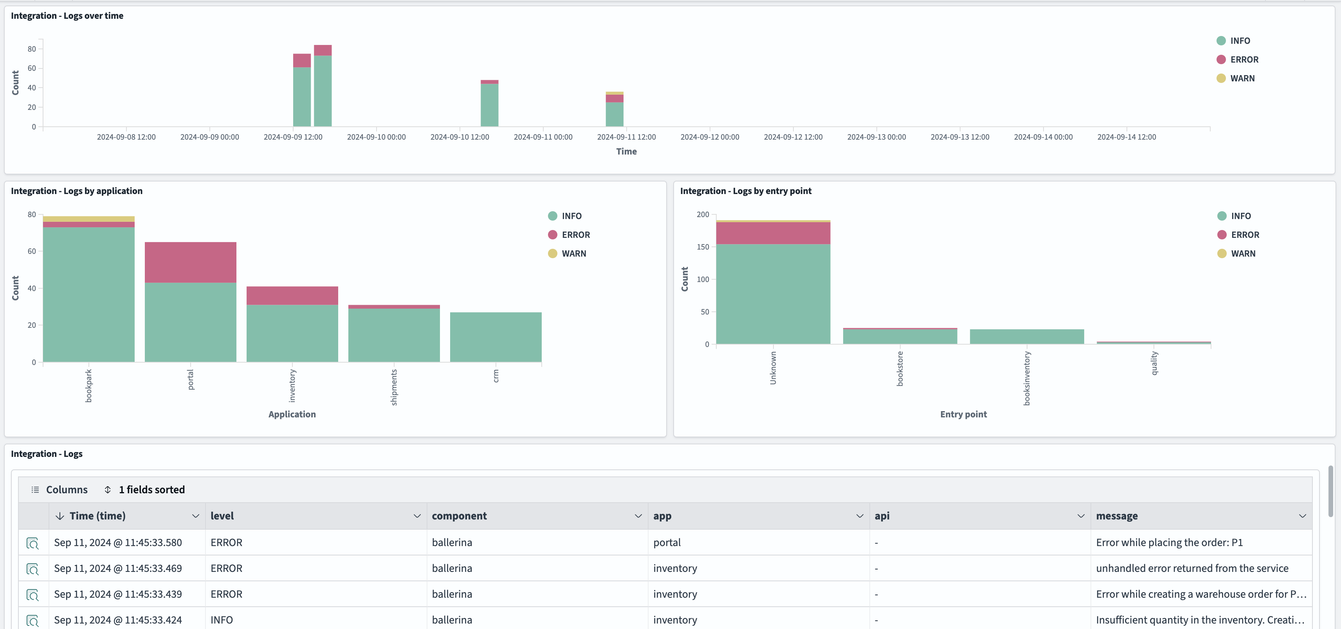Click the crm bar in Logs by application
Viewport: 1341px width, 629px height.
496,337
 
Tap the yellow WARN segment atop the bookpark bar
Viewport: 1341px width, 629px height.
88,219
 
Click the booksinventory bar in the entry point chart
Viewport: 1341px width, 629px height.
1027,337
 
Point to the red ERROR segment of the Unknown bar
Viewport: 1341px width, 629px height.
773,233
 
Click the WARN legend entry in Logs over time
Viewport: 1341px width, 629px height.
1242,79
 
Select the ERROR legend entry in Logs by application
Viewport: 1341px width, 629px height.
575,235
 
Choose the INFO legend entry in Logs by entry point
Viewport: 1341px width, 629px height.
1240,216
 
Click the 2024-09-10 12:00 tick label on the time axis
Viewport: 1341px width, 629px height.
460,137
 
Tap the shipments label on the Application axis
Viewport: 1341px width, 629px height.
394,387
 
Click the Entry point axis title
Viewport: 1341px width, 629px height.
963,415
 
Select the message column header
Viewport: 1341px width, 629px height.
1117,516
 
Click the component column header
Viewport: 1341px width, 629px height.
459,516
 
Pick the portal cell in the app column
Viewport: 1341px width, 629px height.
667,543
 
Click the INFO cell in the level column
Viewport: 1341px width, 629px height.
222,620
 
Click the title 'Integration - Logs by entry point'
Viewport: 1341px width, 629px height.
746,191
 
